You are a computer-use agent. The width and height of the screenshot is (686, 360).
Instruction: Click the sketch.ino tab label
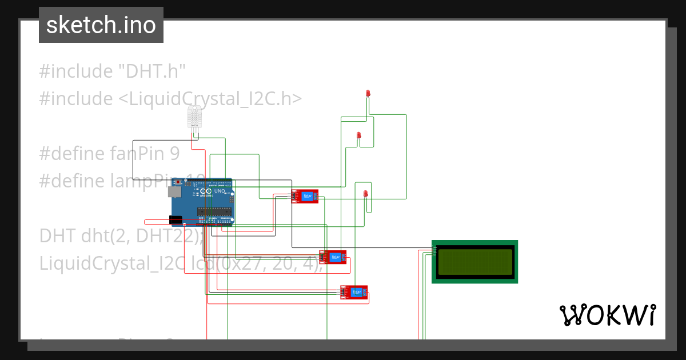pos(101,25)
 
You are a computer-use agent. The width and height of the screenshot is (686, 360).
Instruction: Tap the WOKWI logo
pos(607,315)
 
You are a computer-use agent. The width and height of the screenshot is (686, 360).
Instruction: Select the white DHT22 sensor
pos(194,117)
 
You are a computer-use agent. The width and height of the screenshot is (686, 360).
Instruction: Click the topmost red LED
pos(368,93)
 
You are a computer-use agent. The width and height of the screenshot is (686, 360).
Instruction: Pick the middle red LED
pos(359,135)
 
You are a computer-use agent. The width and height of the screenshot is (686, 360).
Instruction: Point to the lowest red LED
pos(365,195)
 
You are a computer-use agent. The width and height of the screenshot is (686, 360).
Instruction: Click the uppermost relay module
pos(305,196)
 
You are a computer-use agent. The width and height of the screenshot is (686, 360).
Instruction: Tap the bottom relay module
pos(354,293)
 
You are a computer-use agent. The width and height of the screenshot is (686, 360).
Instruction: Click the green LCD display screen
pos(475,262)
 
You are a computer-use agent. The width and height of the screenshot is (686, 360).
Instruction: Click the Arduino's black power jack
pos(176,220)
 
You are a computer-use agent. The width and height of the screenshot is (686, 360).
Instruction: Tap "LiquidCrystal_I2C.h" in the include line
pos(210,99)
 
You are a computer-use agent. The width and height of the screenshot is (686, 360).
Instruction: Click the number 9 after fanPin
pos(174,154)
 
